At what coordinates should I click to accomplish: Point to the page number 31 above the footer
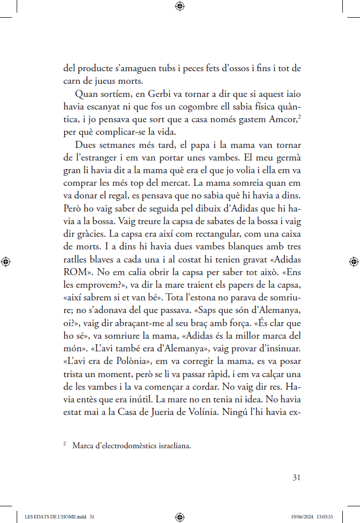tap(296, 478)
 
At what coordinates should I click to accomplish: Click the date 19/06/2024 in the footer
tap(302, 516)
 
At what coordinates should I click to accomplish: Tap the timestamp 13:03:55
tap(325, 516)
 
